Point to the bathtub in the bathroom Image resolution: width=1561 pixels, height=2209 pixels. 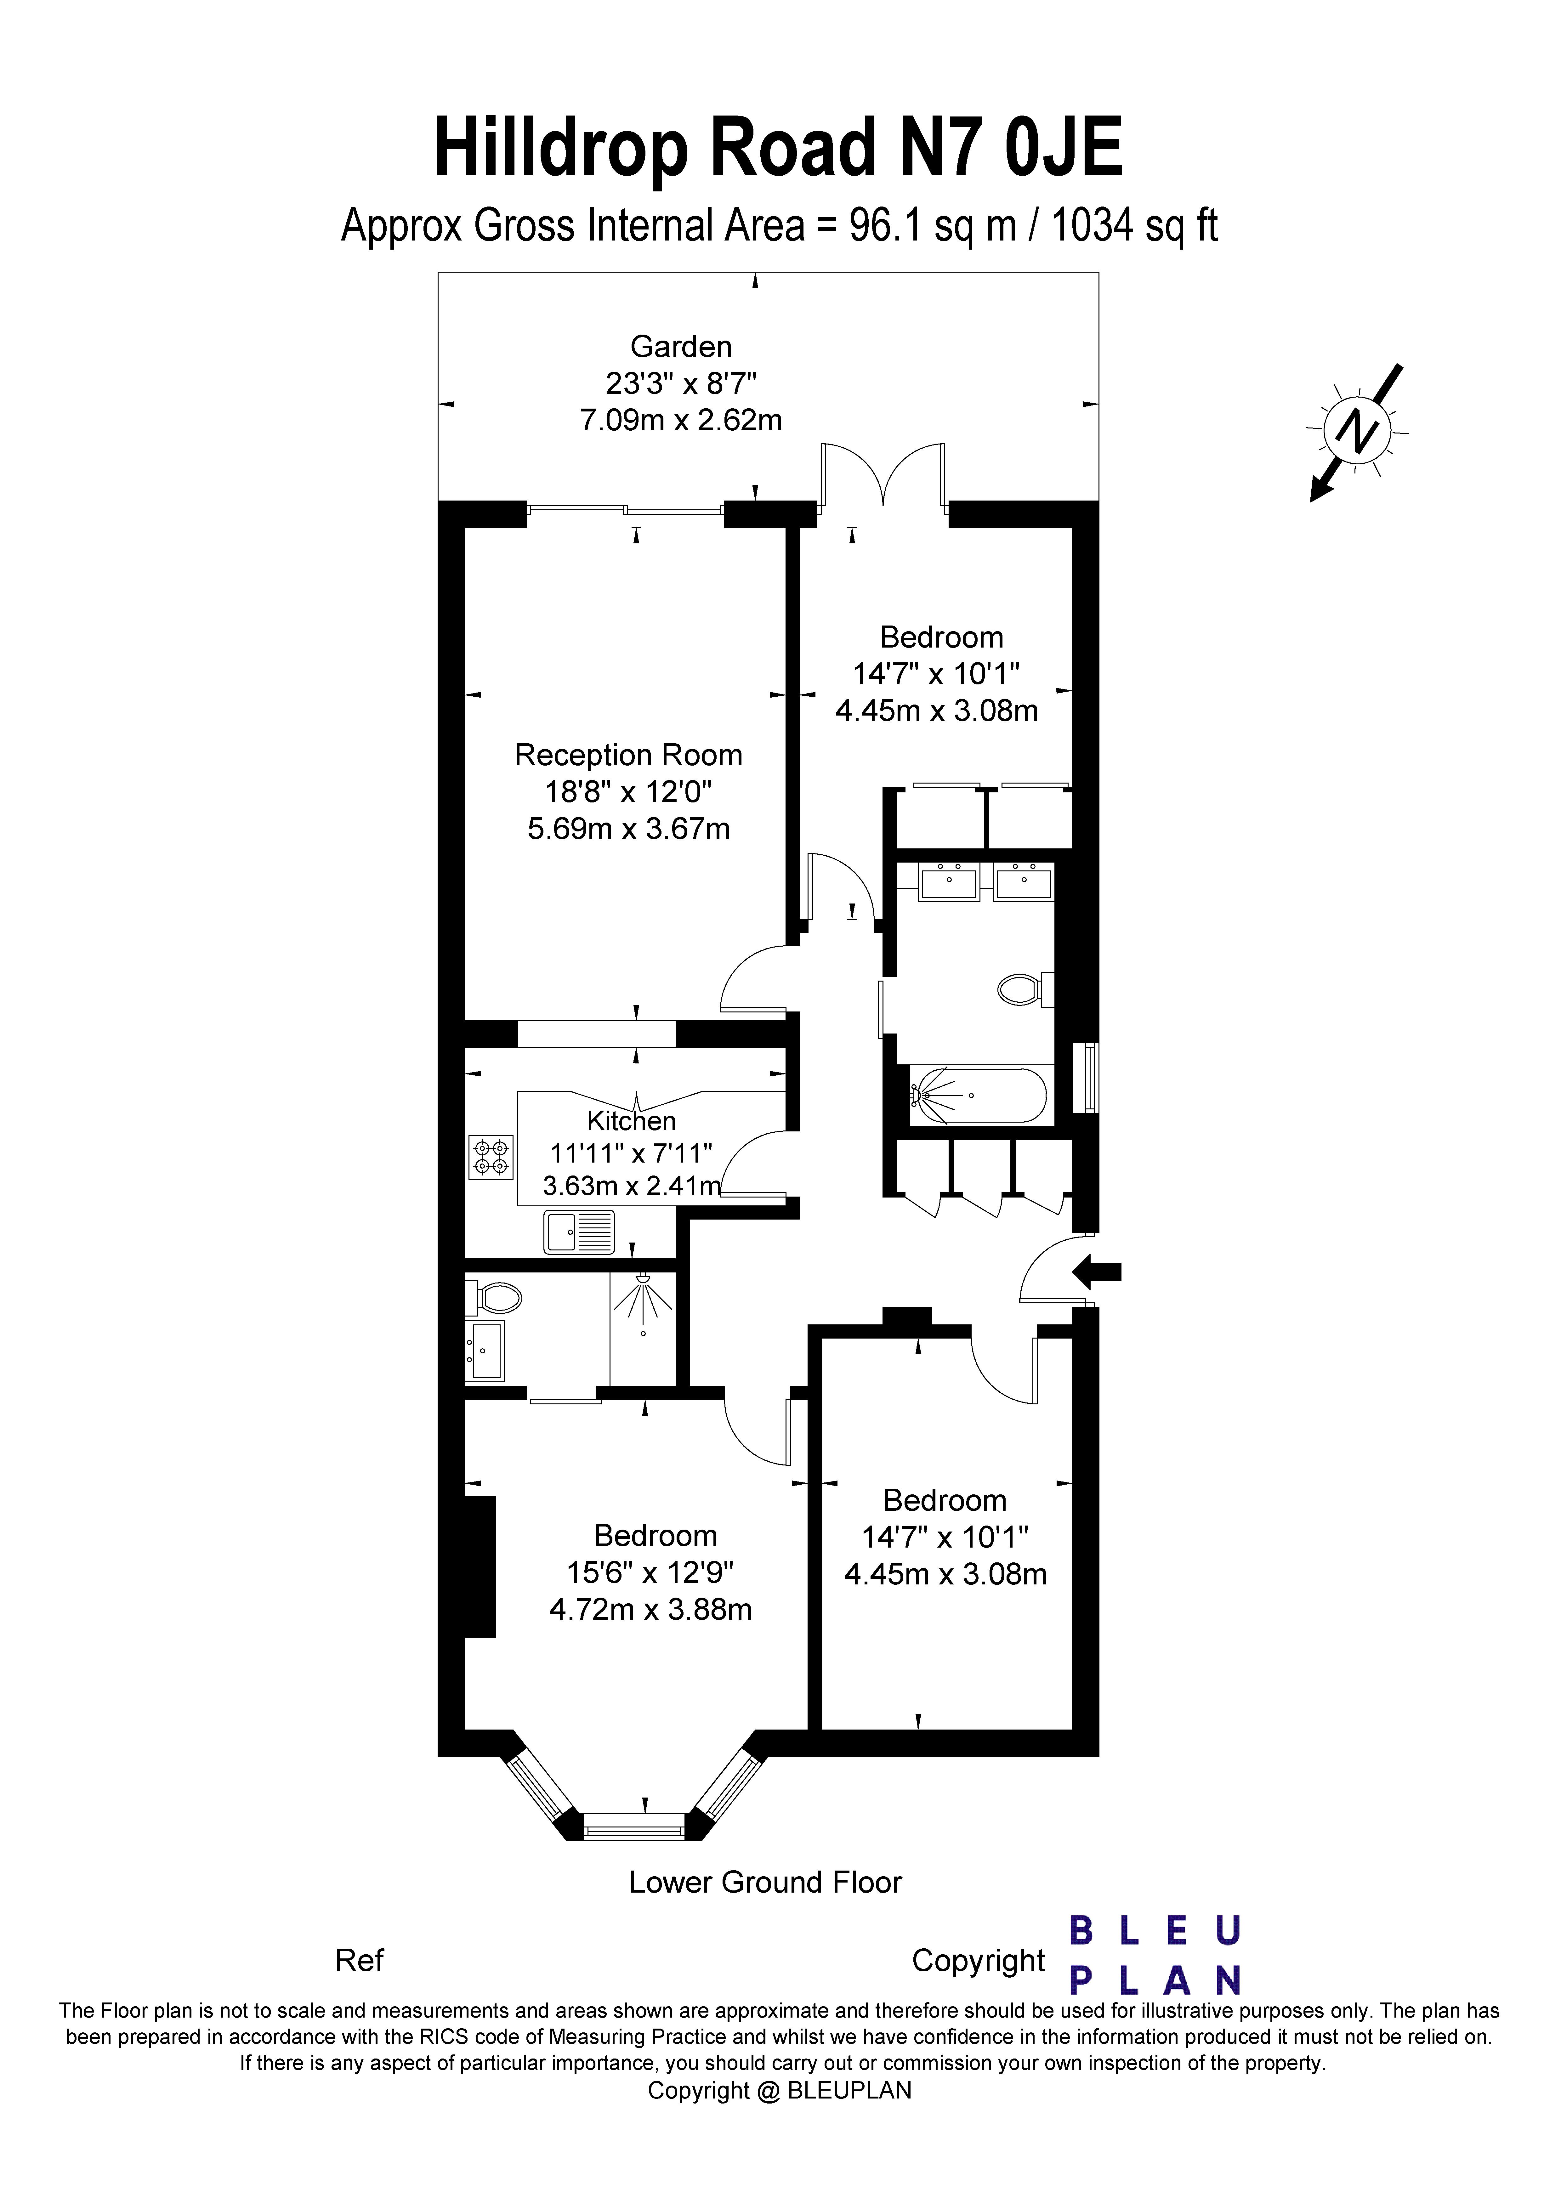(x=978, y=1095)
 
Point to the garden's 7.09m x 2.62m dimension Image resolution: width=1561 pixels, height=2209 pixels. (x=681, y=421)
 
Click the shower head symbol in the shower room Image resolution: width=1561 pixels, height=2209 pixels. (x=643, y=1299)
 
